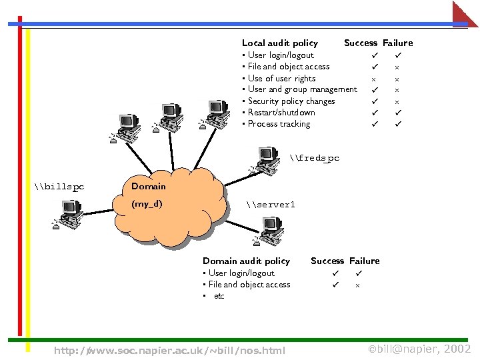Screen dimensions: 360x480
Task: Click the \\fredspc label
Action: click(315, 158)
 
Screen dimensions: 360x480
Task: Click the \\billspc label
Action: click(59, 187)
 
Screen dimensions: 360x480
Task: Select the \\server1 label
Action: click(270, 205)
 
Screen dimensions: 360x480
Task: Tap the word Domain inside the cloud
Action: click(148, 186)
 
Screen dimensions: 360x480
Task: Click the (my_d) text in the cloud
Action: click(147, 204)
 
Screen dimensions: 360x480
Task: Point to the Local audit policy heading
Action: click(279, 43)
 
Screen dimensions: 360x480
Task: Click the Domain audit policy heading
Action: click(246, 261)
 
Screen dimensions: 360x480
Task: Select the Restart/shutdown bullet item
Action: click(281, 112)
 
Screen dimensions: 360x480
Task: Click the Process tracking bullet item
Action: click(279, 123)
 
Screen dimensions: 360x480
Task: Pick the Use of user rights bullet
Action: click(281, 78)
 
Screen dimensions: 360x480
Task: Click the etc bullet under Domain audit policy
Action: click(219, 296)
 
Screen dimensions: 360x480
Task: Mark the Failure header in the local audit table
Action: click(397, 43)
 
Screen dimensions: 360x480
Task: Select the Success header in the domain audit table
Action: click(327, 261)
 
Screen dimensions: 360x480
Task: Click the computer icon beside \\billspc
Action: click(68, 214)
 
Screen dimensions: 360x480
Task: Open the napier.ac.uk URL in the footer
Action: click(169, 351)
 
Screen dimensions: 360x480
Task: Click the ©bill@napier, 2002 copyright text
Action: click(419, 349)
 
